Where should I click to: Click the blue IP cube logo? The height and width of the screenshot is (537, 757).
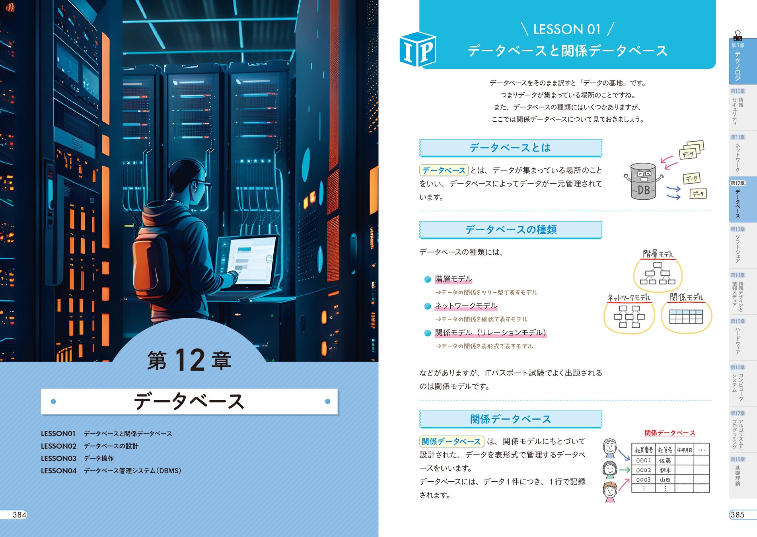point(417,50)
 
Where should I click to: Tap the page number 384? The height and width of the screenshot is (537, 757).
point(19,515)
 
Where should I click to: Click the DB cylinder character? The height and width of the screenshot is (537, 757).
point(643,181)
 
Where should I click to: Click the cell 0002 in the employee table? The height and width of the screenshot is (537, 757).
point(643,470)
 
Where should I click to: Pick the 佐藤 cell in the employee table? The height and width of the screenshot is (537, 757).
point(665,460)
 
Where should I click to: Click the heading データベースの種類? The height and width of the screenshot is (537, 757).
point(511,230)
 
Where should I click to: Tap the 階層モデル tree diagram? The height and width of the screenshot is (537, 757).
point(658,273)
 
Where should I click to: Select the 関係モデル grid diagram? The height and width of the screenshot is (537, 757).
point(686,317)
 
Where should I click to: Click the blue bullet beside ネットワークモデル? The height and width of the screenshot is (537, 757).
point(428,306)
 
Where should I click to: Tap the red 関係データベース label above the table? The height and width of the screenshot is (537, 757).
point(669,433)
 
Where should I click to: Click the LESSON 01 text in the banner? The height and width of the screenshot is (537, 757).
point(566,29)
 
